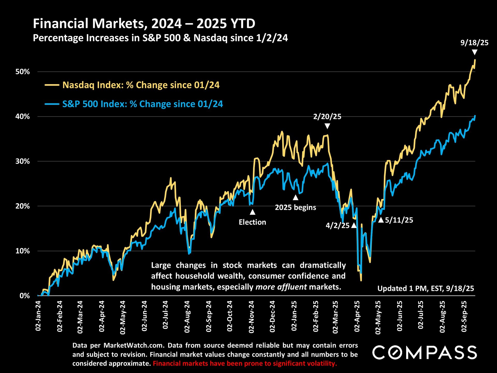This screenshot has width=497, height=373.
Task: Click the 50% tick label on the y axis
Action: (23, 72)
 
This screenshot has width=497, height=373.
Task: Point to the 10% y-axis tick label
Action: (23, 251)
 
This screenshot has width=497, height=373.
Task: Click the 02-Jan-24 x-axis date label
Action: (38, 316)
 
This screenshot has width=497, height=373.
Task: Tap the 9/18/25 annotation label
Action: (474, 43)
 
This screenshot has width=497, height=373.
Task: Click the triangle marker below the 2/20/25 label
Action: (327, 126)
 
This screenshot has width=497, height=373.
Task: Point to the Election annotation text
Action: (252, 222)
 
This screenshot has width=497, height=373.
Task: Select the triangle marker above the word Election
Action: (252, 212)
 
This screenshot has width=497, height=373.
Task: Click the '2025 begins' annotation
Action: (295, 207)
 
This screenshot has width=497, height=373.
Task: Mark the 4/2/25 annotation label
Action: (338, 225)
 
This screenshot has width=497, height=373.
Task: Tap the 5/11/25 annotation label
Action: (399, 220)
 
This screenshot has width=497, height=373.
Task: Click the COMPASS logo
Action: (425, 353)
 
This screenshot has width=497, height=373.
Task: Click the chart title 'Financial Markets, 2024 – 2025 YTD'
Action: (144, 24)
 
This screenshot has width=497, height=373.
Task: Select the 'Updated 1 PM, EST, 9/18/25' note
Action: (426, 288)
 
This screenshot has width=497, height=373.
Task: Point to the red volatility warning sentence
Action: (245, 363)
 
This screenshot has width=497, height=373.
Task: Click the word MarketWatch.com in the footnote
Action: (134, 345)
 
